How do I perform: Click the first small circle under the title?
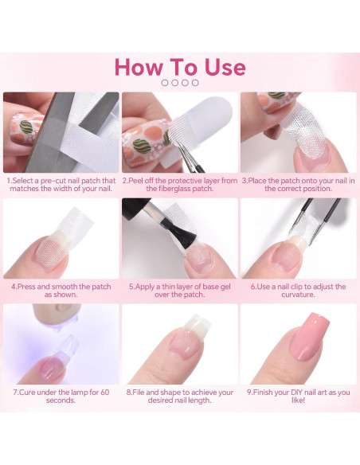click(165, 82)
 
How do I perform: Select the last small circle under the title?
click(194, 82)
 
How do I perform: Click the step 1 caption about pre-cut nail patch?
click(61, 185)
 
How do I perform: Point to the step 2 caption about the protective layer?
click(179, 185)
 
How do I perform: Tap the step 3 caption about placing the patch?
click(298, 185)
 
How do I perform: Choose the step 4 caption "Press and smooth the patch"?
click(61, 290)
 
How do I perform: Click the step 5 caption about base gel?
click(179, 290)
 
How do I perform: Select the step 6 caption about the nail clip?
click(298, 290)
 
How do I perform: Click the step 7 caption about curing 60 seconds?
click(61, 396)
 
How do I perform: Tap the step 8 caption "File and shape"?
click(179, 396)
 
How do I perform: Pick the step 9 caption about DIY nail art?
click(298, 396)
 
